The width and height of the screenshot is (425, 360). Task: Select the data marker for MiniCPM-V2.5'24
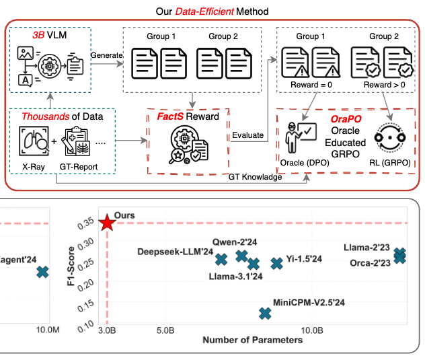pos(266,312)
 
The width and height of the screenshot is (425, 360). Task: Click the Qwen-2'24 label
pos(232,242)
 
